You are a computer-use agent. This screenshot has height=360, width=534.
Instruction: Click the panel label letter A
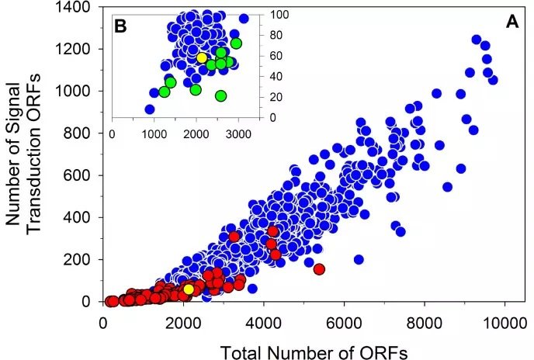point(512,22)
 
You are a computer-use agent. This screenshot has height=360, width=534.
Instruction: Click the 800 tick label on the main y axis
point(79,133)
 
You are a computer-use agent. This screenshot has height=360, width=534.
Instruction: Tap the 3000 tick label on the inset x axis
point(238,133)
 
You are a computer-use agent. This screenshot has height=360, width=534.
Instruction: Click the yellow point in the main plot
point(188,289)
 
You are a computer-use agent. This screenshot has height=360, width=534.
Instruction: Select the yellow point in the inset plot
point(202,57)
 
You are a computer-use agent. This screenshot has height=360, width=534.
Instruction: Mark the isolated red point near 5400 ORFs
point(318,269)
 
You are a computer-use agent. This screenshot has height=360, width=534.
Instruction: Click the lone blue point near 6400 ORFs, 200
point(359,259)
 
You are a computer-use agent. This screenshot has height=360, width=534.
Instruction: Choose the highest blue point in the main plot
point(477,40)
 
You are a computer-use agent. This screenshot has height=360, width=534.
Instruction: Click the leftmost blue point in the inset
point(150,109)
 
